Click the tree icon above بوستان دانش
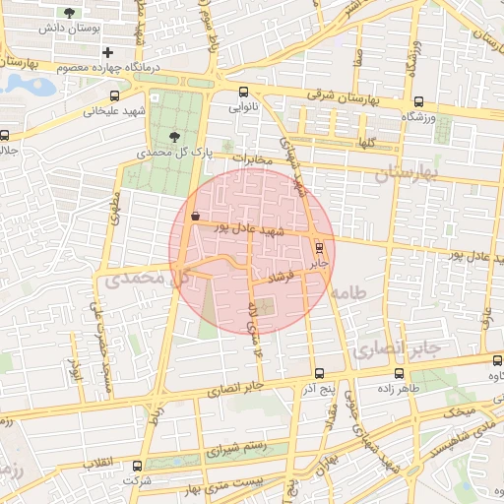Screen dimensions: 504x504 [69, 14]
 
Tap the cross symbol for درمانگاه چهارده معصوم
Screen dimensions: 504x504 [107, 52]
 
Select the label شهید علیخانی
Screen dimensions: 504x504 [116, 111]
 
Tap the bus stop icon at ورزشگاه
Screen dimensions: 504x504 [419, 101]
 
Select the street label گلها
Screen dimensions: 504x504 [368, 143]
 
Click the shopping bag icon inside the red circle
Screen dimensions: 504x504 [195, 216]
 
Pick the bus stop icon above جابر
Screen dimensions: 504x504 [318, 246]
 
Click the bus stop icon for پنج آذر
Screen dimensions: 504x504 [318, 374]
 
